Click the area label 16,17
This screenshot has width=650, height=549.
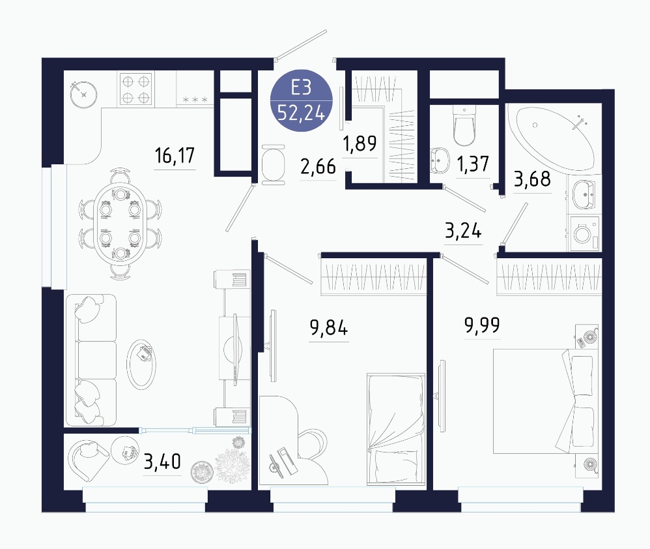coord(175,156)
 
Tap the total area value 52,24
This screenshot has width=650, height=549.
coord(301,112)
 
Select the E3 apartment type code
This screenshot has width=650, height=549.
coord(301,87)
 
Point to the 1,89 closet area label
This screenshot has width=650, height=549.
coord(360,143)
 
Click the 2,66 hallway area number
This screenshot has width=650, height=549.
coord(318,167)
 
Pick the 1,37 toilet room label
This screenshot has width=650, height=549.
coord(473,164)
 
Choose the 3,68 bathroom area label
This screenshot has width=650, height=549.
coord(532,179)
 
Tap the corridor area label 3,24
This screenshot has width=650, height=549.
coord(463,231)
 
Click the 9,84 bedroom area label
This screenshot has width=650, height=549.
coord(329,328)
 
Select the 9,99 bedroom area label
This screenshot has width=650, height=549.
coord(482,325)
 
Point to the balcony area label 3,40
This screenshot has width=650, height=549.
coord(162,462)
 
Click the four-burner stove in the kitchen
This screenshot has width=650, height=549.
coord(135,89)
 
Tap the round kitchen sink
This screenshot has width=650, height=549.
coord(84,95)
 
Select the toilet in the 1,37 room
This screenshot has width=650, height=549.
coord(464,125)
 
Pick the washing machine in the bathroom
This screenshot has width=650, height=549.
coord(584,233)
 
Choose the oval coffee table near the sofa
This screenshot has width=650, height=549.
coord(141,364)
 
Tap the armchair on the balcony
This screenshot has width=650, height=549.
coord(88,460)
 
